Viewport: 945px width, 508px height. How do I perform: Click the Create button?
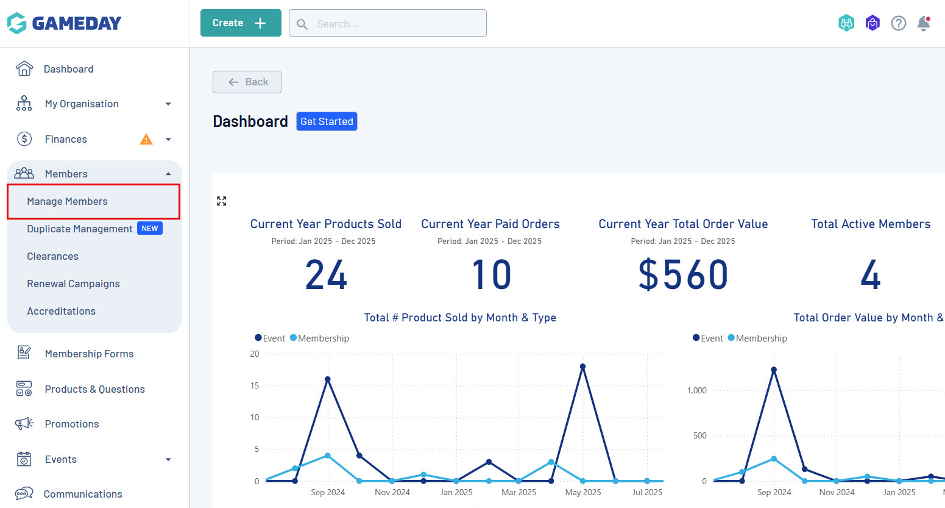pyautogui.click(x=241, y=23)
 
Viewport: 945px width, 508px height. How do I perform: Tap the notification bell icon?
pyautogui.click(x=924, y=23)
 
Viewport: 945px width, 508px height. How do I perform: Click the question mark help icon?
pyautogui.click(x=898, y=23)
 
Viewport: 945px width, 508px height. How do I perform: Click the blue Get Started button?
pyautogui.click(x=327, y=121)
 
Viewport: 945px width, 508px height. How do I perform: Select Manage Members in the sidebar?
pyautogui.click(x=67, y=201)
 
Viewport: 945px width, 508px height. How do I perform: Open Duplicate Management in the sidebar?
pyautogui.click(x=80, y=229)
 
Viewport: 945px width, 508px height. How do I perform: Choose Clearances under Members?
pyautogui.click(x=52, y=256)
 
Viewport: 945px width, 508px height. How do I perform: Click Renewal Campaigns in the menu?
pyautogui.click(x=73, y=284)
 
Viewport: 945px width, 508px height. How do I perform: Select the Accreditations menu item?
pyautogui.click(x=61, y=311)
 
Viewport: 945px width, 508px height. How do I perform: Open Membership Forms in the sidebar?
pyautogui.click(x=89, y=354)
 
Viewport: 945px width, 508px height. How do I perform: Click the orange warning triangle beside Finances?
pyautogui.click(x=146, y=139)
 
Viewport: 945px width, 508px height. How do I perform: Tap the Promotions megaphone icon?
pyautogui.click(x=24, y=424)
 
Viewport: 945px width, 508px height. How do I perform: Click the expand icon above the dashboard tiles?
pyautogui.click(x=222, y=201)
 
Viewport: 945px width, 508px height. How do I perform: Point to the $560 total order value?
pyautogui.click(x=683, y=274)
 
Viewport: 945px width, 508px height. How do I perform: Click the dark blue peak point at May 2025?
pyautogui.click(x=583, y=367)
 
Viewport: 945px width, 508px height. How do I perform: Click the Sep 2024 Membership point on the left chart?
pyautogui.click(x=328, y=456)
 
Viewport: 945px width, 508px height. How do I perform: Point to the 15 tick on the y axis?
pyautogui.click(x=255, y=385)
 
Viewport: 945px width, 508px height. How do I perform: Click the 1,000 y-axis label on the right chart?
pyautogui.click(x=696, y=390)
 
